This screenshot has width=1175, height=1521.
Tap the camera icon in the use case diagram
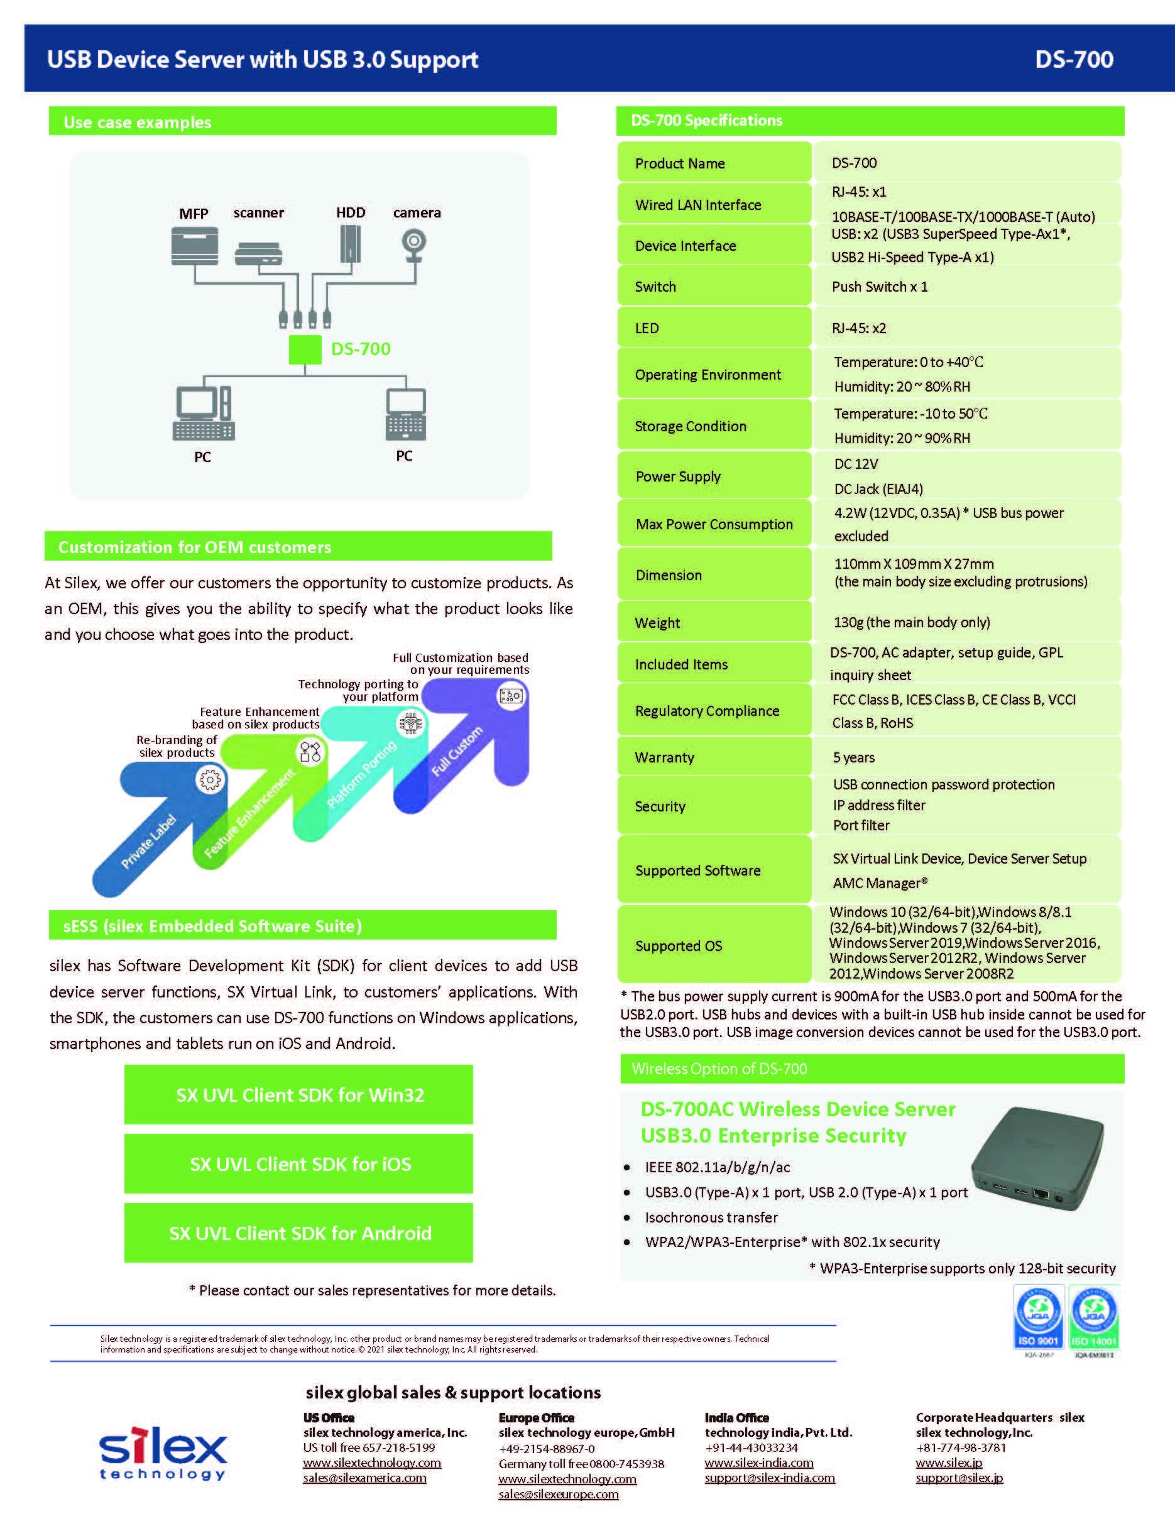414,246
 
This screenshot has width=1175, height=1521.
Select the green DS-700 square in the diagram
305,349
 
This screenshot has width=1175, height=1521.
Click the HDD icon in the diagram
350,244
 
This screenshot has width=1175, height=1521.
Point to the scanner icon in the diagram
258,253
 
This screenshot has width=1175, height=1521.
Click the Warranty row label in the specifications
664,757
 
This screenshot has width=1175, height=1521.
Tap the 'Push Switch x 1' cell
879,286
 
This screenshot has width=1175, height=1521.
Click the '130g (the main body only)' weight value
911,622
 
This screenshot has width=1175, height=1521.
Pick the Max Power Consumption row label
714,524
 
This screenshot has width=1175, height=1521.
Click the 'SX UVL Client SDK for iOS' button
298,1164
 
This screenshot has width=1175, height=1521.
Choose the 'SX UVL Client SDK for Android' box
298,1233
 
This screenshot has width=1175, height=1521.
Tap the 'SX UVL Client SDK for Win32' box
298,1095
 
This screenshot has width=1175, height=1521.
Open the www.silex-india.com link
759,1463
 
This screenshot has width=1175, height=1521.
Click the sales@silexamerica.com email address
364,1478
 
